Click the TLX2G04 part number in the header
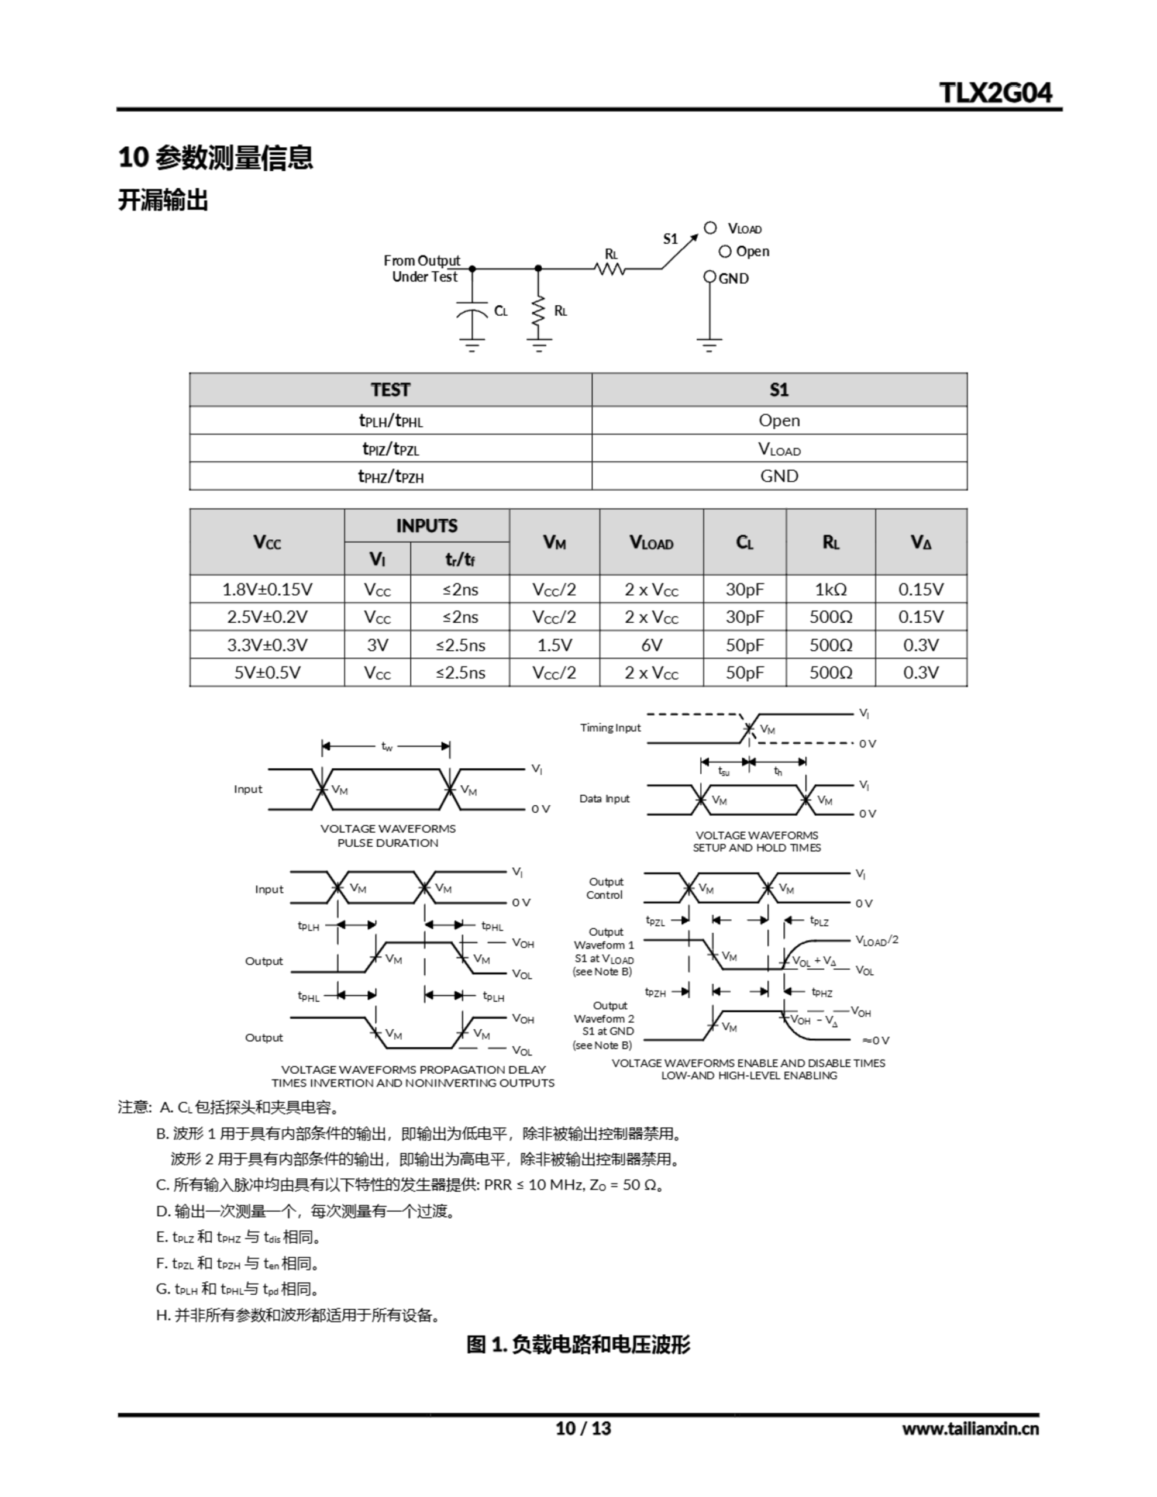click(994, 92)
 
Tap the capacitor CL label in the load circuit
click(501, 311)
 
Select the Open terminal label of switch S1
click(752, 251)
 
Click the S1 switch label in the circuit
click(670, 239)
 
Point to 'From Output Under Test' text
click(422, 268)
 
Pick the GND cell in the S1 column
click(779, 475)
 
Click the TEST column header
click(390, 390)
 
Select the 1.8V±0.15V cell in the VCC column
click(267, 589)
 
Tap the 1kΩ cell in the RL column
click(831, 589)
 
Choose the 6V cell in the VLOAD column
click(652, 645)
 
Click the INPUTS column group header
click(426, 526)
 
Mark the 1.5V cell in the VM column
click(554, 645)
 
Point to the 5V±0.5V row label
click(267, 672)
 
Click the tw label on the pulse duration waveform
click(387, 746)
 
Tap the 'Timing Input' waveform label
click(610, 728)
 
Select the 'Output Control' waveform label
click(605, 888)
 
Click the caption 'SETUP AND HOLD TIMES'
click(756, 848)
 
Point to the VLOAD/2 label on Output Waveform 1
click(876, 940)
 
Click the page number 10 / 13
click(583, 1428)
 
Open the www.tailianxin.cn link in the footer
click(970, 1429)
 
